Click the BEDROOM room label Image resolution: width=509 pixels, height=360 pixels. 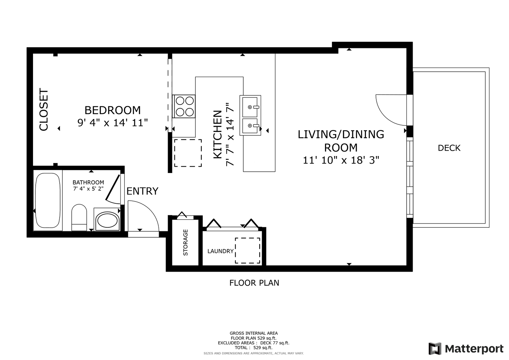click(x=112, y=110)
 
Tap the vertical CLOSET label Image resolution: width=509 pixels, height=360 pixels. click(x=44, y=110)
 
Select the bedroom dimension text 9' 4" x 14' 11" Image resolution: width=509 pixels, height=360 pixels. click(x=113, y=123)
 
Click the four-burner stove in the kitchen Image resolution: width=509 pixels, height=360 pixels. click(x=184, y=106)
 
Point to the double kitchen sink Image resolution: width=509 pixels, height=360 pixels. click(x=250, y=115)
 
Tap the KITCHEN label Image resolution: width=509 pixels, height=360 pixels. click(x=218, y=135)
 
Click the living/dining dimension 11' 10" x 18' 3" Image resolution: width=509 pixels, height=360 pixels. click(x=341, y=160)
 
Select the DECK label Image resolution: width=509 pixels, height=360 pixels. click(x=449, y=148)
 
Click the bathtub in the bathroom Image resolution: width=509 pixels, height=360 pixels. click(x=48, y=200)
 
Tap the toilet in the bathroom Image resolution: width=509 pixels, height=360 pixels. click(x=79, y=217)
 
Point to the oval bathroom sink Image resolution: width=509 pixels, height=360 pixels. click(x=107, y=220)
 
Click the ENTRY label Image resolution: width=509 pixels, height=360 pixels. click(x=142, y=191)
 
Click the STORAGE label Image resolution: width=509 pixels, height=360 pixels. click(x=185, y=243)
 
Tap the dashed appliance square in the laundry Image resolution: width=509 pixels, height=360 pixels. click(x=247, y=251)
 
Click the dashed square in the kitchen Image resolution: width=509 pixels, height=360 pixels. click(x=188, y=153)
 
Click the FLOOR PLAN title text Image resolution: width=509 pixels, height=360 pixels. click(x=254, y=283)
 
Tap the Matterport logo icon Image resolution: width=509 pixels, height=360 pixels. click(x=435, y=349)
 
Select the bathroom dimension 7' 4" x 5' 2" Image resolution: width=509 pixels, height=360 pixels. click(x=88, y=189)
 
